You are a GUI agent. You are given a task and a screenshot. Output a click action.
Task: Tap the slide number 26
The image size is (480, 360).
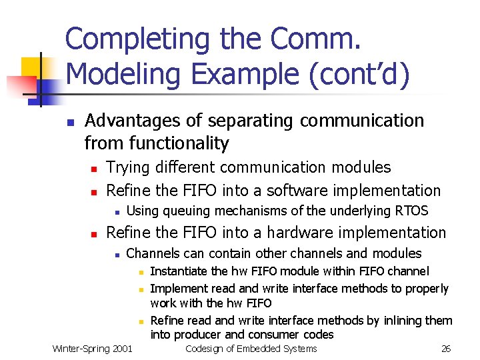[446, 349]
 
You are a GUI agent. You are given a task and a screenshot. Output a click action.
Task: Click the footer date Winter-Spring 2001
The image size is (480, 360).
[92, 349]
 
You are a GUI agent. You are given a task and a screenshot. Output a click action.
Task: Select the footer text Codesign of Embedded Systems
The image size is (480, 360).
[251, 349]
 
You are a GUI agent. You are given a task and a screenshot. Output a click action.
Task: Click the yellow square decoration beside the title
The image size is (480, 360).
[33, 67]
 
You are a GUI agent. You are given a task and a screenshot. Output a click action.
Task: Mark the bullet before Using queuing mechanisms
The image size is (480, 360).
[116, 212]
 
